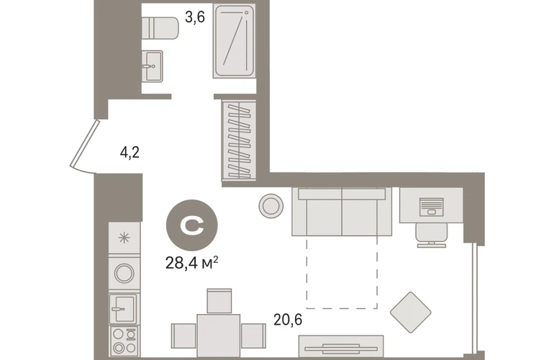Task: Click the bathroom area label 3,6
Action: pos(195,17)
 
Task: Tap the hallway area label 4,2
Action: pos(130,153)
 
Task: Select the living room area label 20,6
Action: pos(288,320)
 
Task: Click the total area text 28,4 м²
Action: pos(191,263)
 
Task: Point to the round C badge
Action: pos(192,225)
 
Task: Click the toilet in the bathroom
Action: pos(160,28)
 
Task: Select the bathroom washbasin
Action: pos(153,66)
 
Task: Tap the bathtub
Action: pos(234,41)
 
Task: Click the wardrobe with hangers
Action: pos(239,140)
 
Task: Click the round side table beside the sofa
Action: pos(271,206)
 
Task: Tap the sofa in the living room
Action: pos(342,212)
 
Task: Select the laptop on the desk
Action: pos(432,207)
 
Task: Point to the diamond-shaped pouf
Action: pos(411,312)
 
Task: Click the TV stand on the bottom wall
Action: pos(341,346)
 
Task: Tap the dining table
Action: pos(219,336)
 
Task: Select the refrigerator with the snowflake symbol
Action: pos(124,238)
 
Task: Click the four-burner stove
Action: pos(124,341)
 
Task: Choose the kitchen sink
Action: pos(123,309)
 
